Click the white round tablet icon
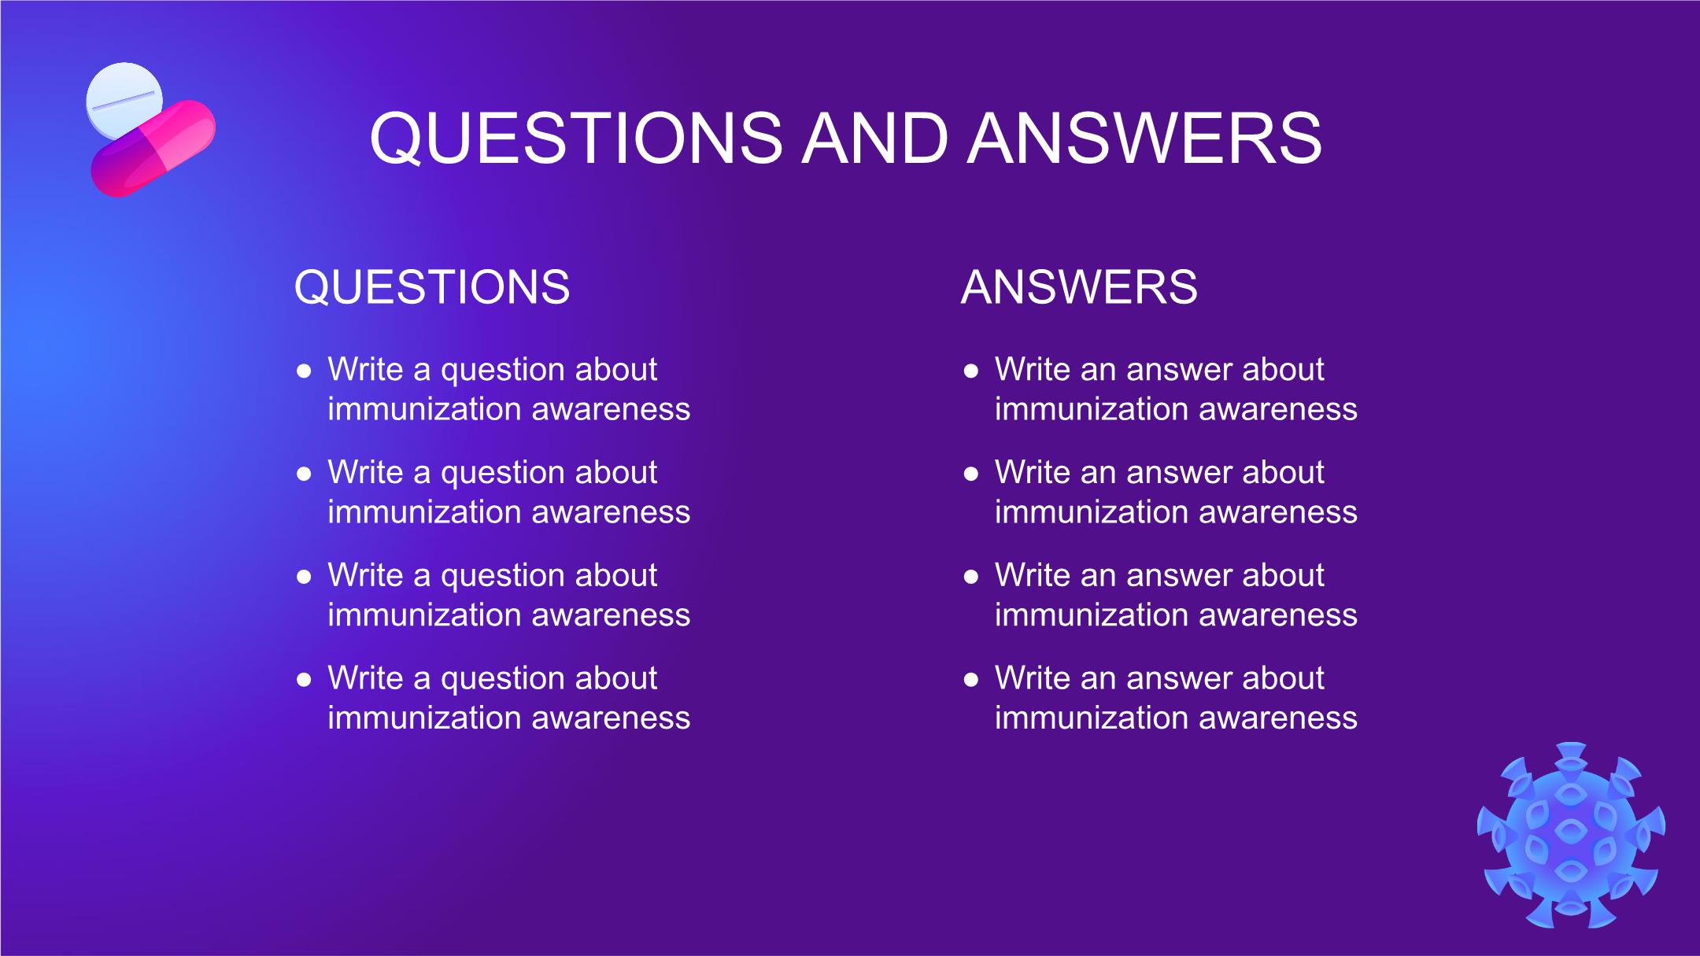[124, 98]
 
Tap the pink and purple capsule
[153, 148]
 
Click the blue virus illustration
[1571, 835]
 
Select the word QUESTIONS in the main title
[576, 138]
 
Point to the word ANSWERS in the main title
[1145, 138]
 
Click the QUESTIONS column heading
[432, 286]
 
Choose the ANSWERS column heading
[1079, 286]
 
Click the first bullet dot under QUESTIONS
[305, 371]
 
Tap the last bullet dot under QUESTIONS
[305, 679]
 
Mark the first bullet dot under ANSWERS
[971, 371]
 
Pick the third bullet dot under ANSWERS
[971, 577]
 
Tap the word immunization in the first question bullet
[424, 409]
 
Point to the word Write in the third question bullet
[365, 575]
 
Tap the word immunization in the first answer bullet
[1091, 409]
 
